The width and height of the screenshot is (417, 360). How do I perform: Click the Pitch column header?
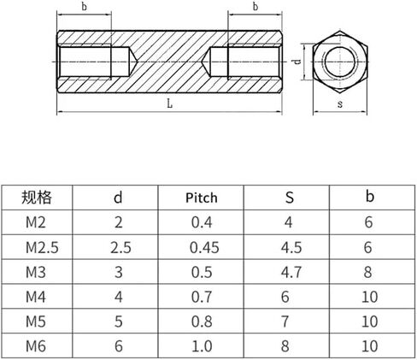[x=202, y=198]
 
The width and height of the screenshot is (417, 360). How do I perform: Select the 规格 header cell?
[x=37, y=198]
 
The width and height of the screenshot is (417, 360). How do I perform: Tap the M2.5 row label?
[x=42, y=247]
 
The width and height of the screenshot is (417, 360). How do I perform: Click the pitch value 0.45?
[x=204, y=247]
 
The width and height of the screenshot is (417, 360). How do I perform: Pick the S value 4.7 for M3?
[x=291, y=272]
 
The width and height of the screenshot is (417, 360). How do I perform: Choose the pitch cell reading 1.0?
[x=202, y=346]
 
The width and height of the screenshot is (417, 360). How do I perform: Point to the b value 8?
[x=367, y=272]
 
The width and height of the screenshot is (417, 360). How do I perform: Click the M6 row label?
[x=36, y=346]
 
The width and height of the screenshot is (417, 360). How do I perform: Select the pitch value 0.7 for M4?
[x=202, y=297]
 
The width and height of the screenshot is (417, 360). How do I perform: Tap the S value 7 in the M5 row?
[x=285, y=322]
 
